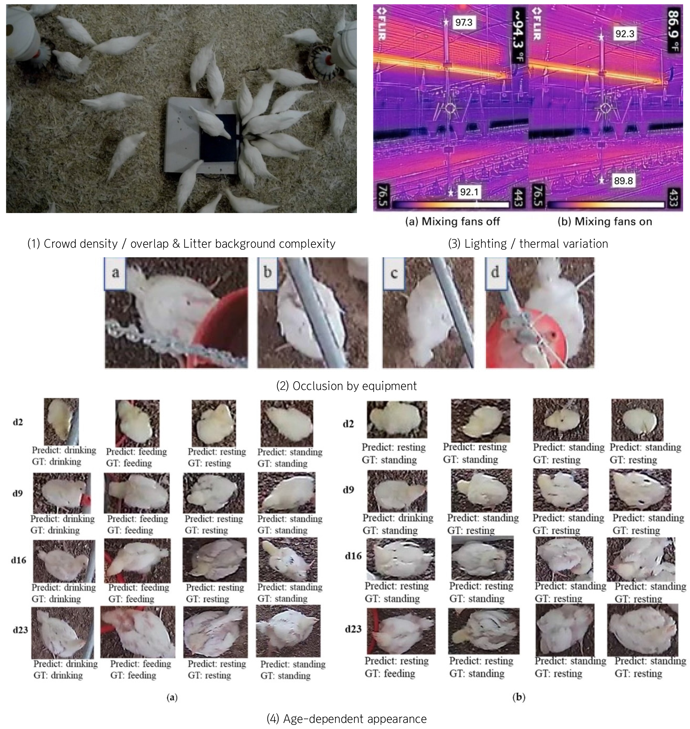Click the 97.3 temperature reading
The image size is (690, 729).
click(464, 22)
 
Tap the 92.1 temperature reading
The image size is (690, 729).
click(469, 192)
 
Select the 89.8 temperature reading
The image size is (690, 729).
click(623, 181)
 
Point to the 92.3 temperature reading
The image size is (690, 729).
click(624, 34)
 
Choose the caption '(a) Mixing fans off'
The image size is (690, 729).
click(453, 222)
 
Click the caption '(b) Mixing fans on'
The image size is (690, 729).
click(605, 222)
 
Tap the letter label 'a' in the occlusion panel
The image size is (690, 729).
click(116, 272)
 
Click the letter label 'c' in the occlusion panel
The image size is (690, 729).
click(394, 273)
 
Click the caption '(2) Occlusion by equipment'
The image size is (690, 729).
click(347, 386)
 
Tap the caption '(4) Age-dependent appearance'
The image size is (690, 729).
click(347, 719)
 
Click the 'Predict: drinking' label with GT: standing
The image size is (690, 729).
click(398, 518)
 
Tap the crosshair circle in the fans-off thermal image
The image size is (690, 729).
click(450, 108)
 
